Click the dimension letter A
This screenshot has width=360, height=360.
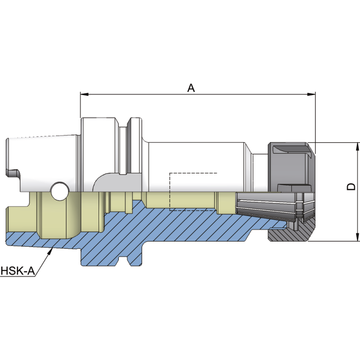(x=191, y=88)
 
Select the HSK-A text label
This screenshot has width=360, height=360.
(x=17, y=271)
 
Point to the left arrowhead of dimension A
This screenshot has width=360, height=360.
(x=84, y=94)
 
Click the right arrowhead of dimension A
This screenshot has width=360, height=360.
(x=311, y=94)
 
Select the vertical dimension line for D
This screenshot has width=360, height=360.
(x=358, y=191)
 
